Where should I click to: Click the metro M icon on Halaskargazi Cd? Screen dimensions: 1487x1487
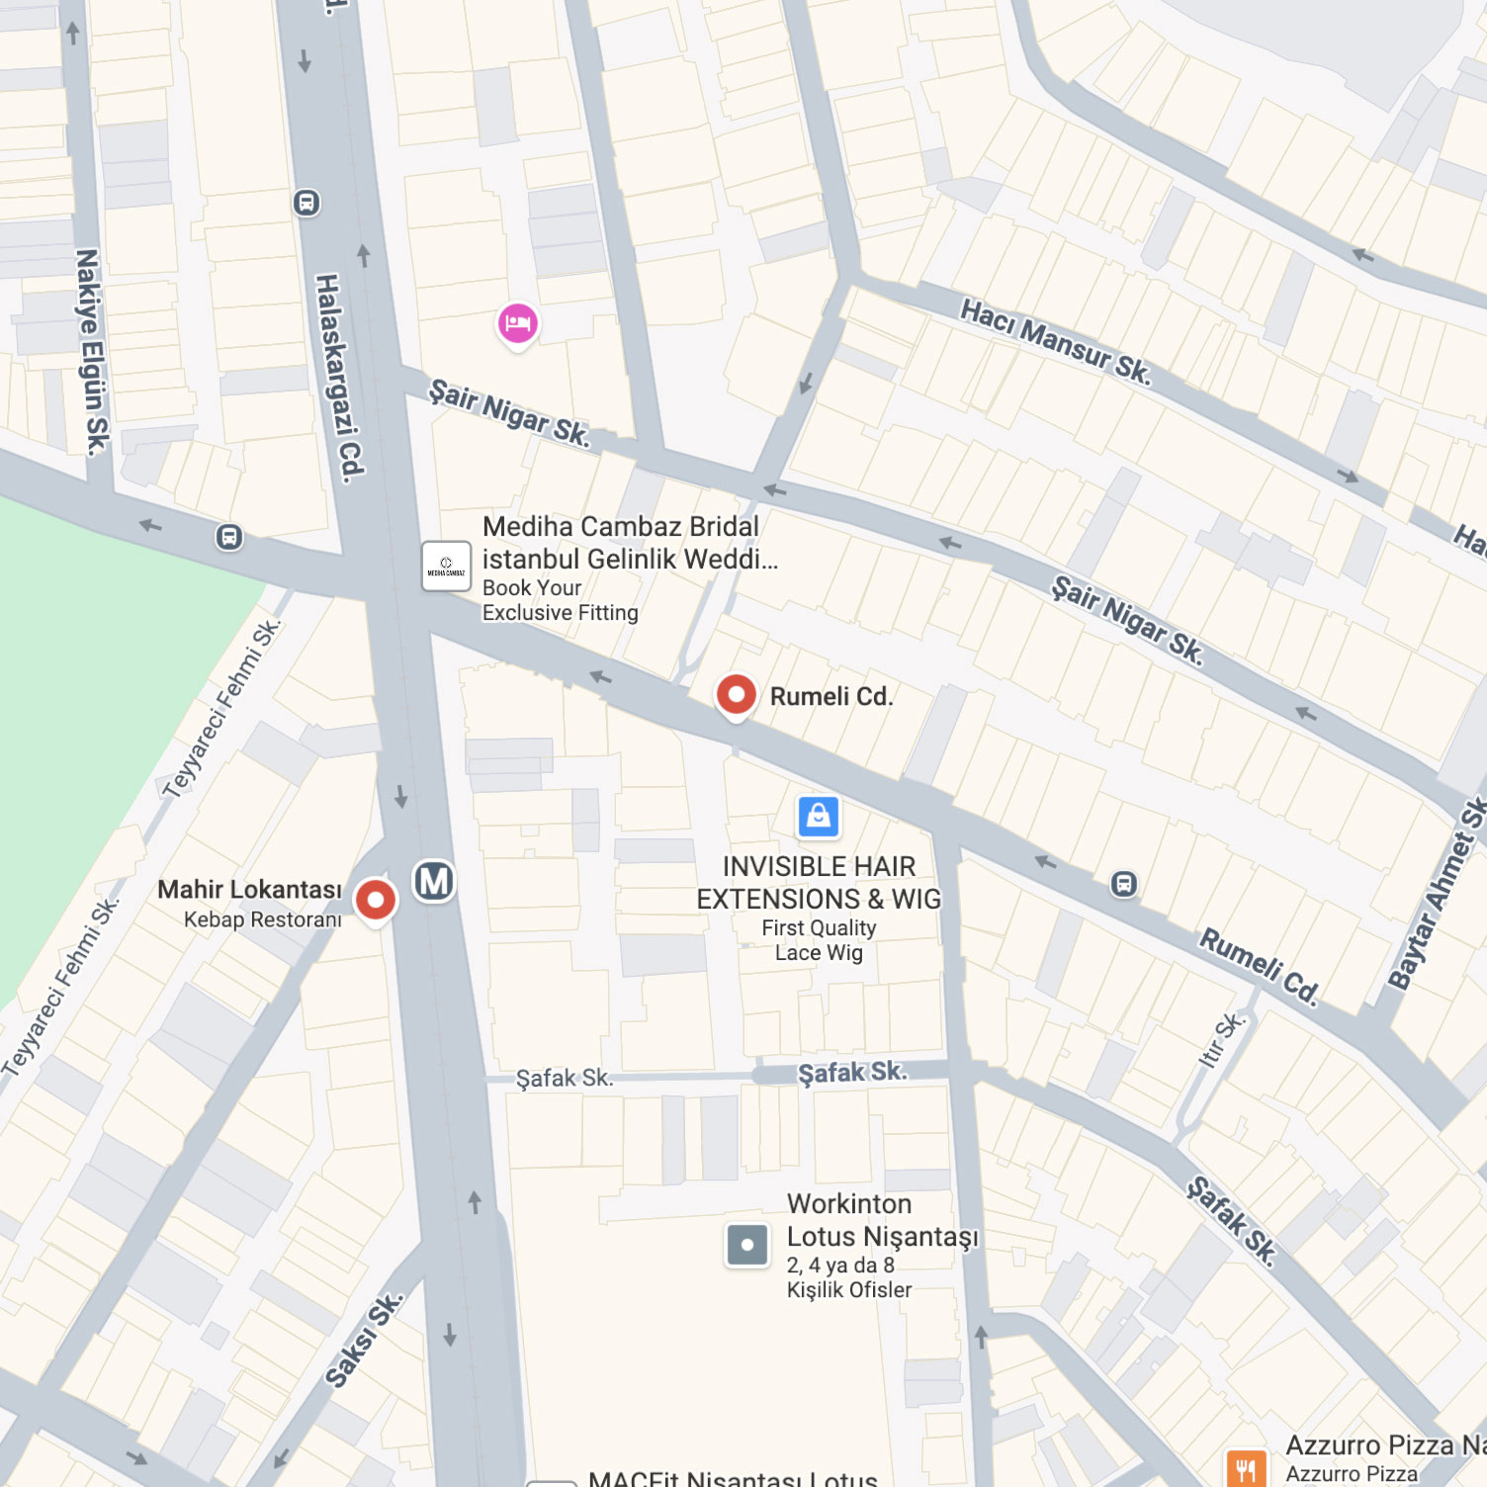click(434, 880)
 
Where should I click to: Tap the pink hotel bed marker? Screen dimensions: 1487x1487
click(517, 323)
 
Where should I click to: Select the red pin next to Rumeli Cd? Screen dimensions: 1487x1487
click(736, 694)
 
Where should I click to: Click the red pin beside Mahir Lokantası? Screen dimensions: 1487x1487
click(375, 900)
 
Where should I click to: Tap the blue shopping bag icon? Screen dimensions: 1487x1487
click(819, 817)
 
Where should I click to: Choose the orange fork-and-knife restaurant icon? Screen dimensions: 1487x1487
click(1246, 1469)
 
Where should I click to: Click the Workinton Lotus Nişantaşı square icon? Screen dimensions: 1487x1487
click(747, 1244)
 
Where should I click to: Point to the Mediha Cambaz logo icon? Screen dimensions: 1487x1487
click(446, 567)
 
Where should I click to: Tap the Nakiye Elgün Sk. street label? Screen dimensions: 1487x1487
click(91, 352)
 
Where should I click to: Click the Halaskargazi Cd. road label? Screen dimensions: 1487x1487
click(339, 378)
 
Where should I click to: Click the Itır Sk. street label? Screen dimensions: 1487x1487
click(1222, 1039)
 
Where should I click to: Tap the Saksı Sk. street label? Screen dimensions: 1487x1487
click(364, 1340)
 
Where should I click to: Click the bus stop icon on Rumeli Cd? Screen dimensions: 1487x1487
click(1123, 883)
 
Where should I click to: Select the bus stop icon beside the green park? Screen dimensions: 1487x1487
click(229, 537)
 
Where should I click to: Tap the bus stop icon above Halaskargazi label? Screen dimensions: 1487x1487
click(306, 203)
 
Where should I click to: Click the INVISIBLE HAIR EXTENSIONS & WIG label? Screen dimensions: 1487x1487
click(819, 883)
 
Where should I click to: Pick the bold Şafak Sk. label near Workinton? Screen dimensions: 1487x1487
click(851, 1073)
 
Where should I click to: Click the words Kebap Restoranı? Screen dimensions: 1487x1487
click(263, 919)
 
